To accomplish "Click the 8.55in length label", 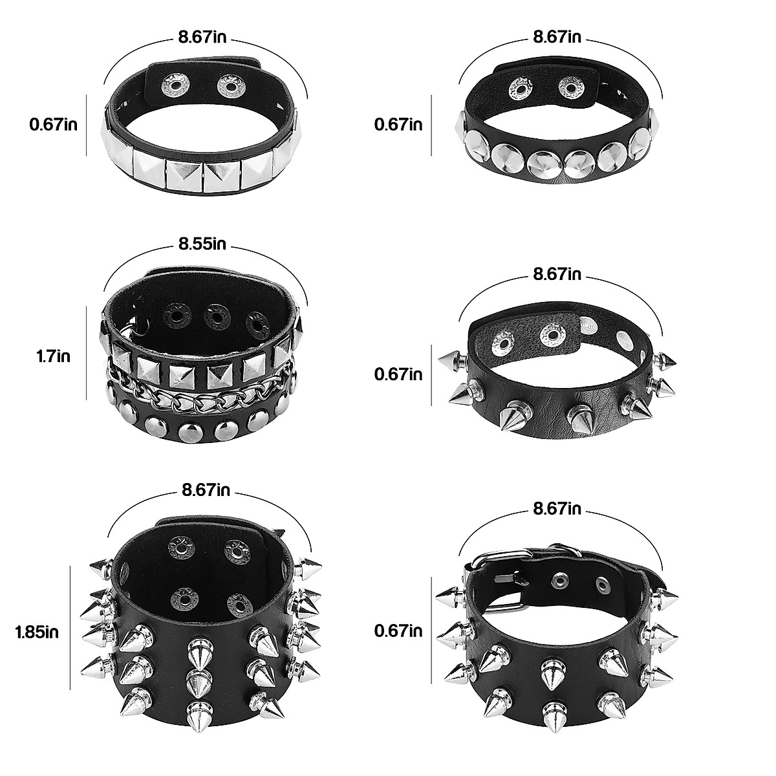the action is [202, 244].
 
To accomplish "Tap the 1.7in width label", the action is [53, 356].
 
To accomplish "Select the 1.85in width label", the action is [37, 632].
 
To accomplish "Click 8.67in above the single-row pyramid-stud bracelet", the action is [202, 37].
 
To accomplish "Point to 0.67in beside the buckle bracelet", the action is [398, 630].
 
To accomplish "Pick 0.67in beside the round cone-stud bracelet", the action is [398, 124].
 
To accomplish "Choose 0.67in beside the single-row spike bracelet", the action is [398, 374].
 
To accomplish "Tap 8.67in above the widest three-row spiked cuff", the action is [206, 490].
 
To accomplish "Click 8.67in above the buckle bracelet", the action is [557, 509].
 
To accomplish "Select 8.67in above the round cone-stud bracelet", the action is [557, 37].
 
